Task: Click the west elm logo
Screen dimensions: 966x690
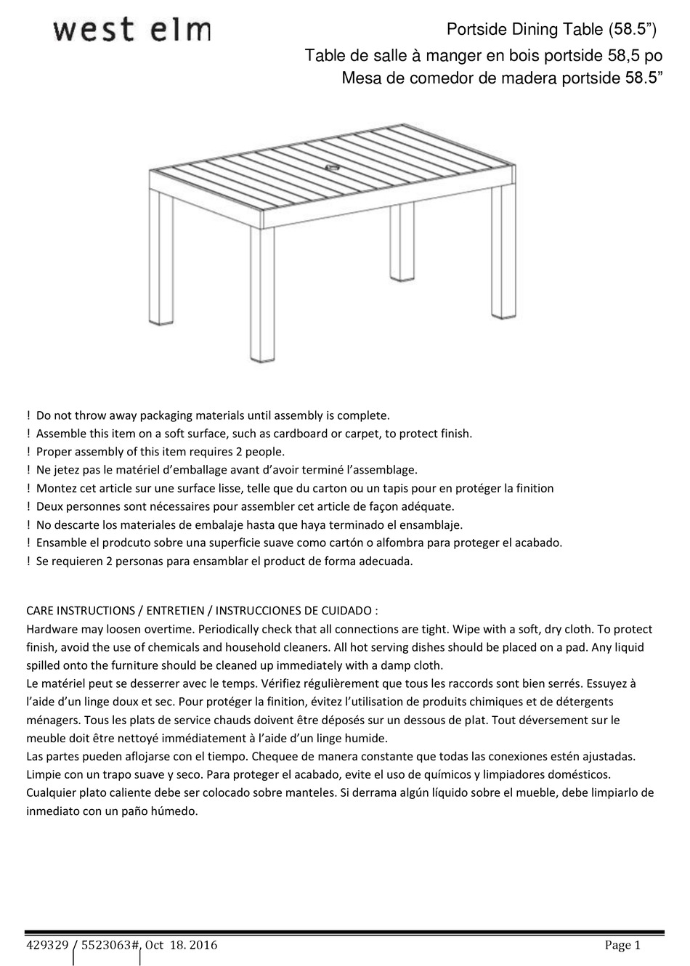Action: click(131, 31)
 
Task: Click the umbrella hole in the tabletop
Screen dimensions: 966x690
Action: click(334, 169)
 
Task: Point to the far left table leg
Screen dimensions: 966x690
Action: click(161, 258)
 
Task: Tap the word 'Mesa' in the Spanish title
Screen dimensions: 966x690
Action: click(361, 78)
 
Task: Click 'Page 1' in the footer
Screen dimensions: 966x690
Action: click(622, 945)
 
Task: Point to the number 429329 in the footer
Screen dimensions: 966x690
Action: click(47, 945)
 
